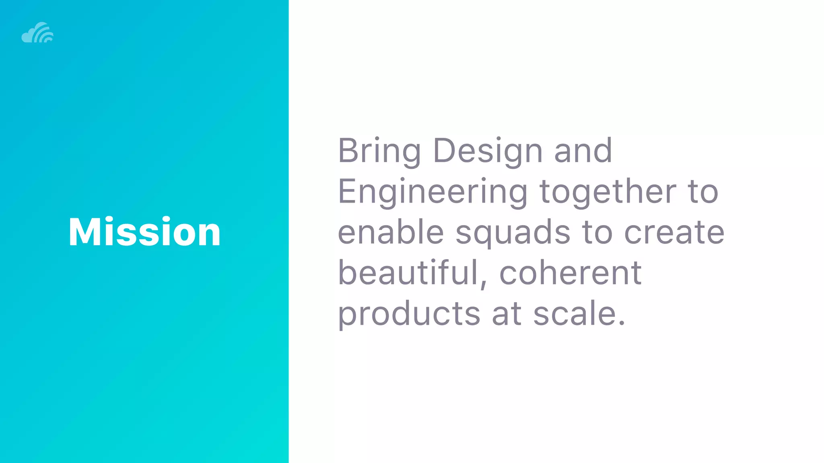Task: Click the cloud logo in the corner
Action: pos(37,33)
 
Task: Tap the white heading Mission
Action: pos(144,232)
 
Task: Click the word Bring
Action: pos(379,152)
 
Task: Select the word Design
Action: pos(488,152)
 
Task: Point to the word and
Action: pos(583,151)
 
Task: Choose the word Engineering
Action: pos(433,193)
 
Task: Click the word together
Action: pos(608,192)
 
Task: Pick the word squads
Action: pos(513,233)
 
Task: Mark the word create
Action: pos(674,233)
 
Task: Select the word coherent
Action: pos(571,273)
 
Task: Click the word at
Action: pos(507,314)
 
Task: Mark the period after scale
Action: pos(622,323)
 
